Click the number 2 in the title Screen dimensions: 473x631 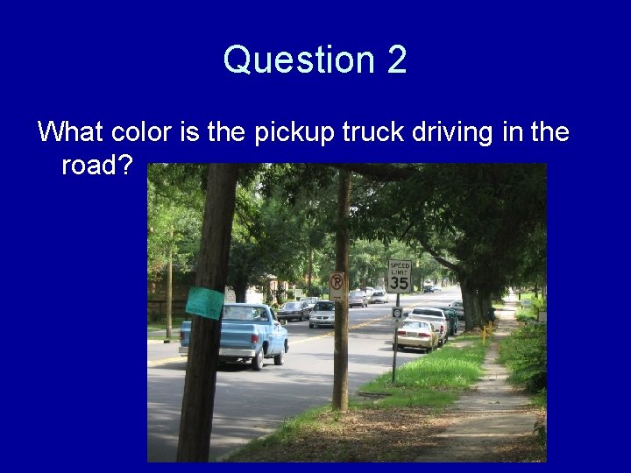tap(395, 60)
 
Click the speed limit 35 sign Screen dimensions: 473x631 tap(399, 276)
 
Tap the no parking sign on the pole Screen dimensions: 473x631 tap(337, 285)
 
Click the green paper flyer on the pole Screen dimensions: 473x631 tap(204, 302)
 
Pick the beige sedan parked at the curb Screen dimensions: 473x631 tap(415, 334)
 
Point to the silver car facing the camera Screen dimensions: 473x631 tap(323, 314)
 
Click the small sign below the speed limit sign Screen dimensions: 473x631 tap(397, 313)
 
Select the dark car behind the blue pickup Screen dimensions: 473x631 tap(292, 311)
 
